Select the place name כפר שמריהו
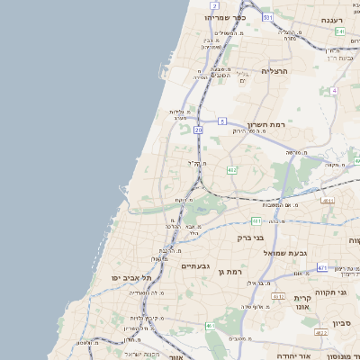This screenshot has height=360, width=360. (x=222, y=17)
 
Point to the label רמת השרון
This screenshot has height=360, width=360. (x=267, y=123)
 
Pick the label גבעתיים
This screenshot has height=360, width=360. (x=195, y=266)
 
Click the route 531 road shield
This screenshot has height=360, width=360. (x=267, y=17)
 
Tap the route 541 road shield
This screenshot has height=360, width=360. (x=341, y=31)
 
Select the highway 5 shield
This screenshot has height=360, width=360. (x=221, y=120)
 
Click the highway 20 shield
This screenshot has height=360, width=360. (x=198, y=130)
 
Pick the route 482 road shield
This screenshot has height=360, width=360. (x=232, y=169)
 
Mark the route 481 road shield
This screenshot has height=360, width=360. (x=256, y=220)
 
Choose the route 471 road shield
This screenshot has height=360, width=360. (x=321, y=267)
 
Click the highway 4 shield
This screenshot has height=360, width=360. (x=334, y=91)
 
